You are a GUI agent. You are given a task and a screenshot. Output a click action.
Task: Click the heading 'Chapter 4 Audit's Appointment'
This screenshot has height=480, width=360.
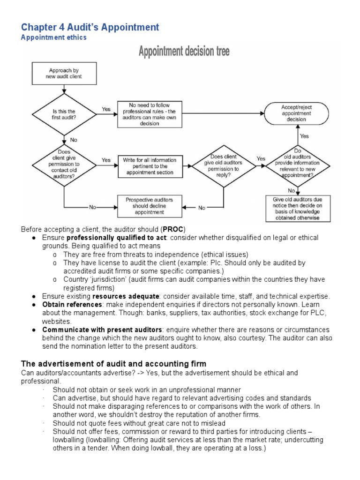(90, 27)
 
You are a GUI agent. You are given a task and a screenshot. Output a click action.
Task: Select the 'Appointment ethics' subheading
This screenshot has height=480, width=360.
(53, 38)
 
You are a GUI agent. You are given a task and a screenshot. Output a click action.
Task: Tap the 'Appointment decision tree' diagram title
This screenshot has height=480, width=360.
(184, 51)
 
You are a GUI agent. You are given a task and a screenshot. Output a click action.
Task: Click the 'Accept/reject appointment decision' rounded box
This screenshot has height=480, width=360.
(296, 113)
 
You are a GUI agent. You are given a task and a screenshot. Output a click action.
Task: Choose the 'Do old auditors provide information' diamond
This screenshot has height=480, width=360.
(298, 166)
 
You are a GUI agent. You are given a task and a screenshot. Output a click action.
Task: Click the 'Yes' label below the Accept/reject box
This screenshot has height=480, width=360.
(304, 136)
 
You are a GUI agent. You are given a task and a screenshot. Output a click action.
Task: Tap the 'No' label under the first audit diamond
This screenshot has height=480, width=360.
(74, 139)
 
